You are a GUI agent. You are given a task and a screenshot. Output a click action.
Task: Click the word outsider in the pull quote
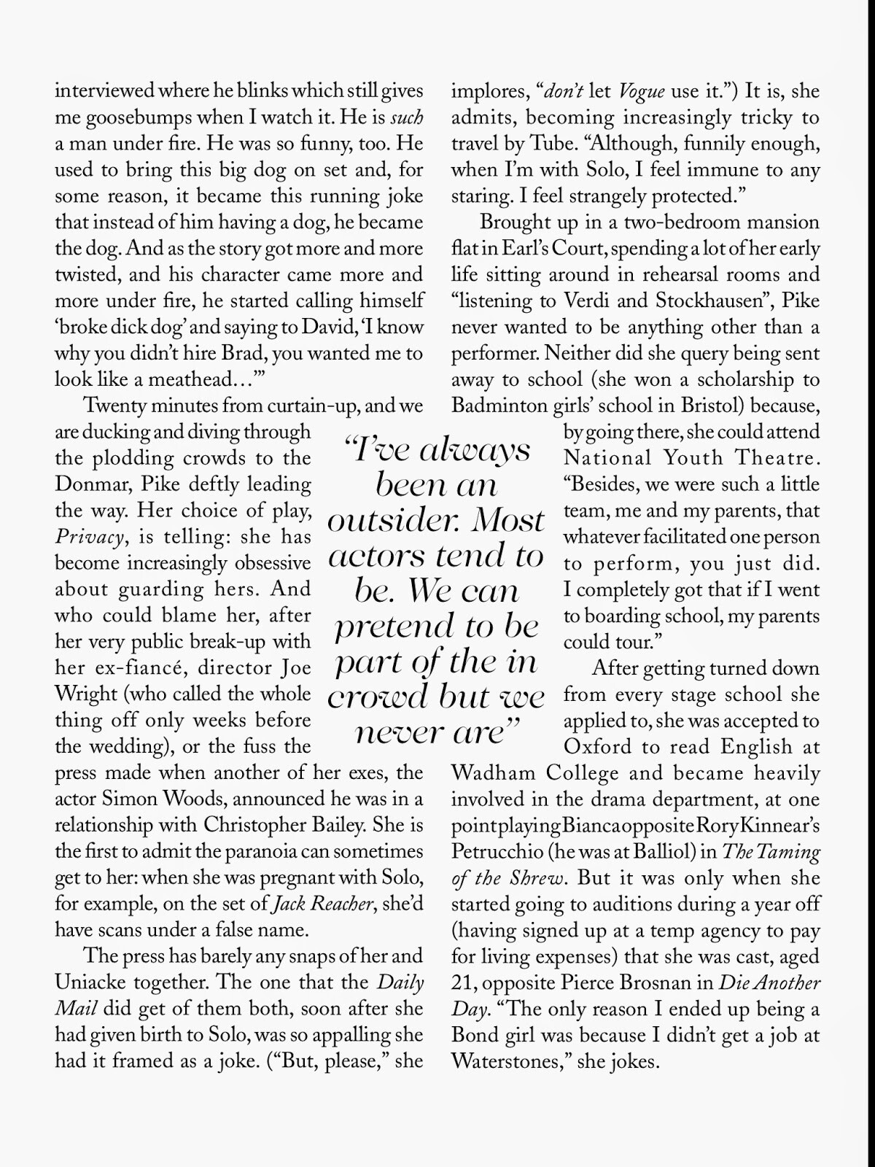[394, 521]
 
